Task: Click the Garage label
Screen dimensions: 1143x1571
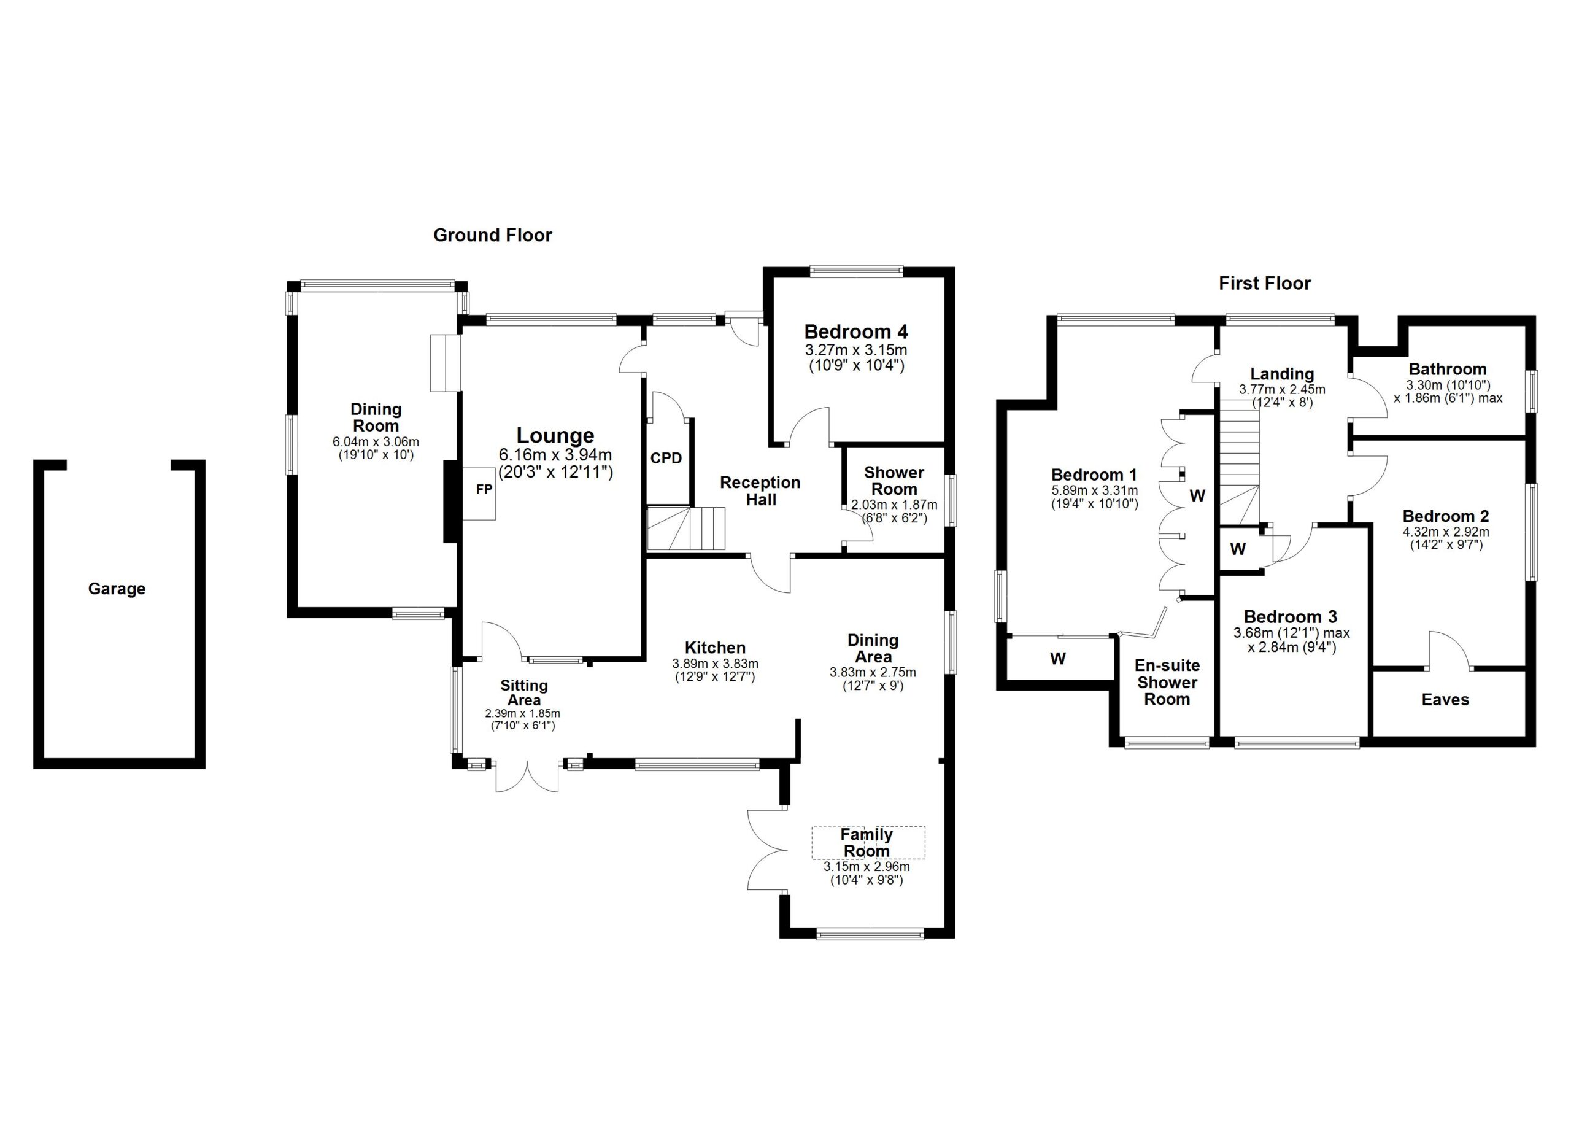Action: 117,589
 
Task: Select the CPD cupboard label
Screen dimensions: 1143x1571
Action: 666,459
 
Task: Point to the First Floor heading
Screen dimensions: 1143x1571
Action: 1264,284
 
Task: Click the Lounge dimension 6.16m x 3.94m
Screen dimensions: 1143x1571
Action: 555,455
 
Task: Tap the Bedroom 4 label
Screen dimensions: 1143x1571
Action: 855,332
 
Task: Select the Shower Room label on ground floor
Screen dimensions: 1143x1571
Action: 894,481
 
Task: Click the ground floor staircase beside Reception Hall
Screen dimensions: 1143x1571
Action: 685,529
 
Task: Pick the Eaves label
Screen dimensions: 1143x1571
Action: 1445,700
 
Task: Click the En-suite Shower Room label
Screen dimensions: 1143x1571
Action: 1167,683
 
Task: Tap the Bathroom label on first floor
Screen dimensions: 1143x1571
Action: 1447,369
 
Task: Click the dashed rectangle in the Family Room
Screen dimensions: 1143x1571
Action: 868,842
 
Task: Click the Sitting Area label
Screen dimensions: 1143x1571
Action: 523,692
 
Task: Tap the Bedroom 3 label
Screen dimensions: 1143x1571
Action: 1290,616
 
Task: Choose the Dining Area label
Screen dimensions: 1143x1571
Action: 873,648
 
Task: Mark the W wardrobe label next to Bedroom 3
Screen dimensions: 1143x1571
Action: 1238,549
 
